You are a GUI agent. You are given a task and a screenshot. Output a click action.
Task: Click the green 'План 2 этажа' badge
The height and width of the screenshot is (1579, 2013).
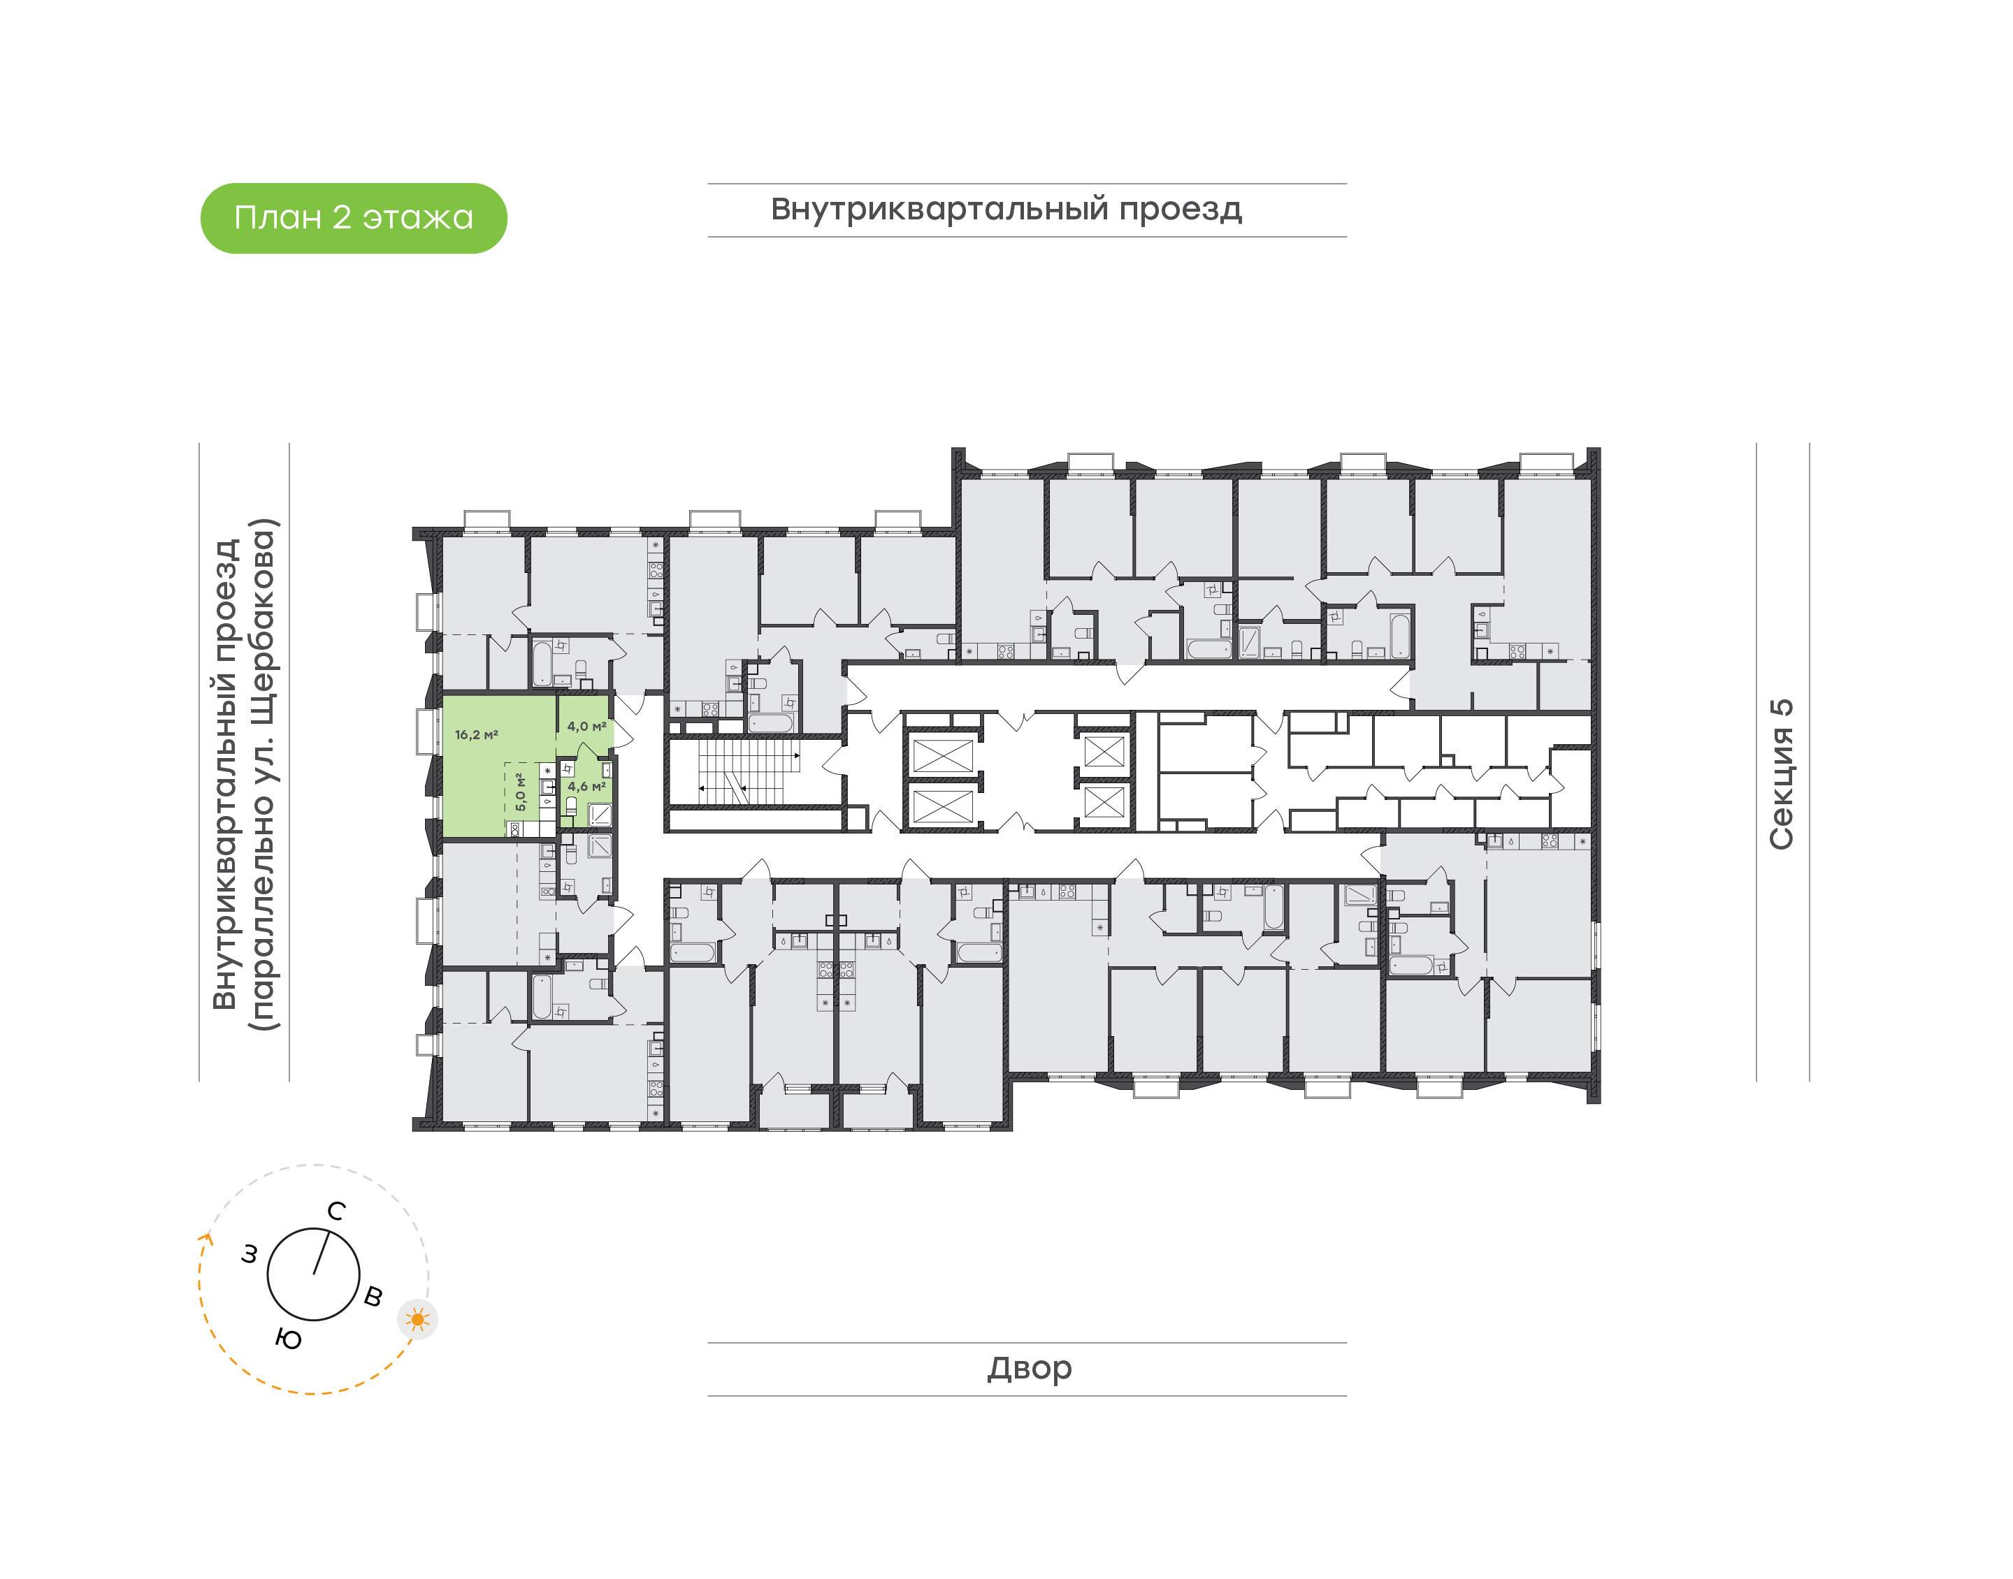tap(353, 218)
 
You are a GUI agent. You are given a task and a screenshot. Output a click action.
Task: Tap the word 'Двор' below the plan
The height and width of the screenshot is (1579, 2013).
tap(1029, 1368)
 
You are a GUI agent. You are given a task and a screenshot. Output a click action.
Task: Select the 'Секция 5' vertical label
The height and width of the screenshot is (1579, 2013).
tap(1781, 774)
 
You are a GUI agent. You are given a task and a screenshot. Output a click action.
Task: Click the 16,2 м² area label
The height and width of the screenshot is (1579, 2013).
tap(476, 735)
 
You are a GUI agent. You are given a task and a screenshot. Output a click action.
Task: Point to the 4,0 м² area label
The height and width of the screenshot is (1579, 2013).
tap(587, 727)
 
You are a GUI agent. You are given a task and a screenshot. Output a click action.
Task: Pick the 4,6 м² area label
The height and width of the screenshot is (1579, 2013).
tap(587, 787)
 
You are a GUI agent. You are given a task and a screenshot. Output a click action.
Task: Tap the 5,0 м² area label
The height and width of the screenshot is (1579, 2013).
tap(521, 792)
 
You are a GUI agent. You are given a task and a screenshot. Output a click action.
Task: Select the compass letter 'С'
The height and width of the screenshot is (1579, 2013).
tap(337, 1211)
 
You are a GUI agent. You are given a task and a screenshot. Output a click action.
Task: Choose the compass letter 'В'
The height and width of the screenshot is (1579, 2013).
tap(373, 1296)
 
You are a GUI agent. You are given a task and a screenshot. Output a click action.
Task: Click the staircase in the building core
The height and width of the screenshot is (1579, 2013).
tap(747, 772)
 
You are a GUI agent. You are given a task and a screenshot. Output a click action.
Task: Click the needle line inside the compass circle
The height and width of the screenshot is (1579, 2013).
tap(321, 1253)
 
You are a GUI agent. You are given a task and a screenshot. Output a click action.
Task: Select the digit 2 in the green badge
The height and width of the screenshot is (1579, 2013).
tap(342, 218)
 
